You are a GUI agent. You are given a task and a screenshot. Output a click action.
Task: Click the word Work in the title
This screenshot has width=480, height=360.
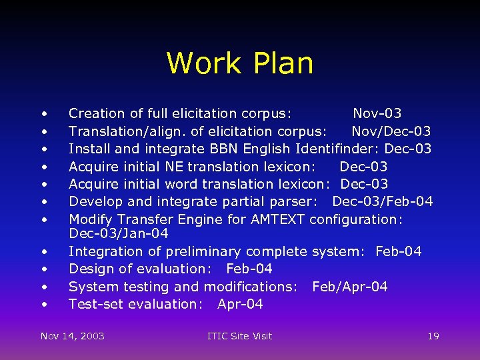203,63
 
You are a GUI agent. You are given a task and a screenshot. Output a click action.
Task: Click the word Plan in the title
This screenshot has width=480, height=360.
283,63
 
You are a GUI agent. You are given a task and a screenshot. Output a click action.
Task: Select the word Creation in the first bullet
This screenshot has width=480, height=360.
97,113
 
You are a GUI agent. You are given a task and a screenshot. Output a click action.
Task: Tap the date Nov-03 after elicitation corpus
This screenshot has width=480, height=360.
377,113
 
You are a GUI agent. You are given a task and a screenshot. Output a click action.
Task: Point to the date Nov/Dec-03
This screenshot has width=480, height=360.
391,131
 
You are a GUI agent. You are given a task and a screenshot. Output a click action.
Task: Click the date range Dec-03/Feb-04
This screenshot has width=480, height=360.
382,201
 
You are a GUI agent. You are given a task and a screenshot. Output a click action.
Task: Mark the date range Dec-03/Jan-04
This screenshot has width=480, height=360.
119,234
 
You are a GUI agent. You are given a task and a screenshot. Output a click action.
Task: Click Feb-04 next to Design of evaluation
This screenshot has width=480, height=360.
249,269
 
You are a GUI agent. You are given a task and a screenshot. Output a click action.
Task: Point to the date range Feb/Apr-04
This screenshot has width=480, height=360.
349,287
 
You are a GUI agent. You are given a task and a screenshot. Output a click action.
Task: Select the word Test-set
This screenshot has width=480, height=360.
94,304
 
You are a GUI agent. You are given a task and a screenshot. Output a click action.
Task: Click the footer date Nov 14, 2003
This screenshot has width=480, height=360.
73,336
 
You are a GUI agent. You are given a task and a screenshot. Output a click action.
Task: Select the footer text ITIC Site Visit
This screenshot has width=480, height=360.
239,336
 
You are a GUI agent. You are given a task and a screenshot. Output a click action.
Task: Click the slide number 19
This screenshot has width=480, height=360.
433,336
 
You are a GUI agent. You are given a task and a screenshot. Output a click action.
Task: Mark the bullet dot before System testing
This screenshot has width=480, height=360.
44,287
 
